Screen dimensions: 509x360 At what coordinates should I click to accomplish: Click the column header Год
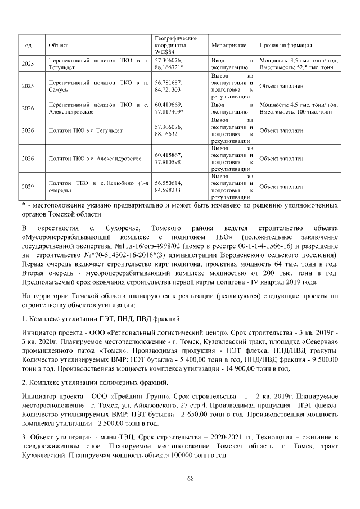pyautogui.click(x=26, y=45)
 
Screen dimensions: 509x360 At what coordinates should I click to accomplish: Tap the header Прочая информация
pyautogui.click(x=285, y=45)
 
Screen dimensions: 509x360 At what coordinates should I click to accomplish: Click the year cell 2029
pyautogui.click(x=28, y=186)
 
